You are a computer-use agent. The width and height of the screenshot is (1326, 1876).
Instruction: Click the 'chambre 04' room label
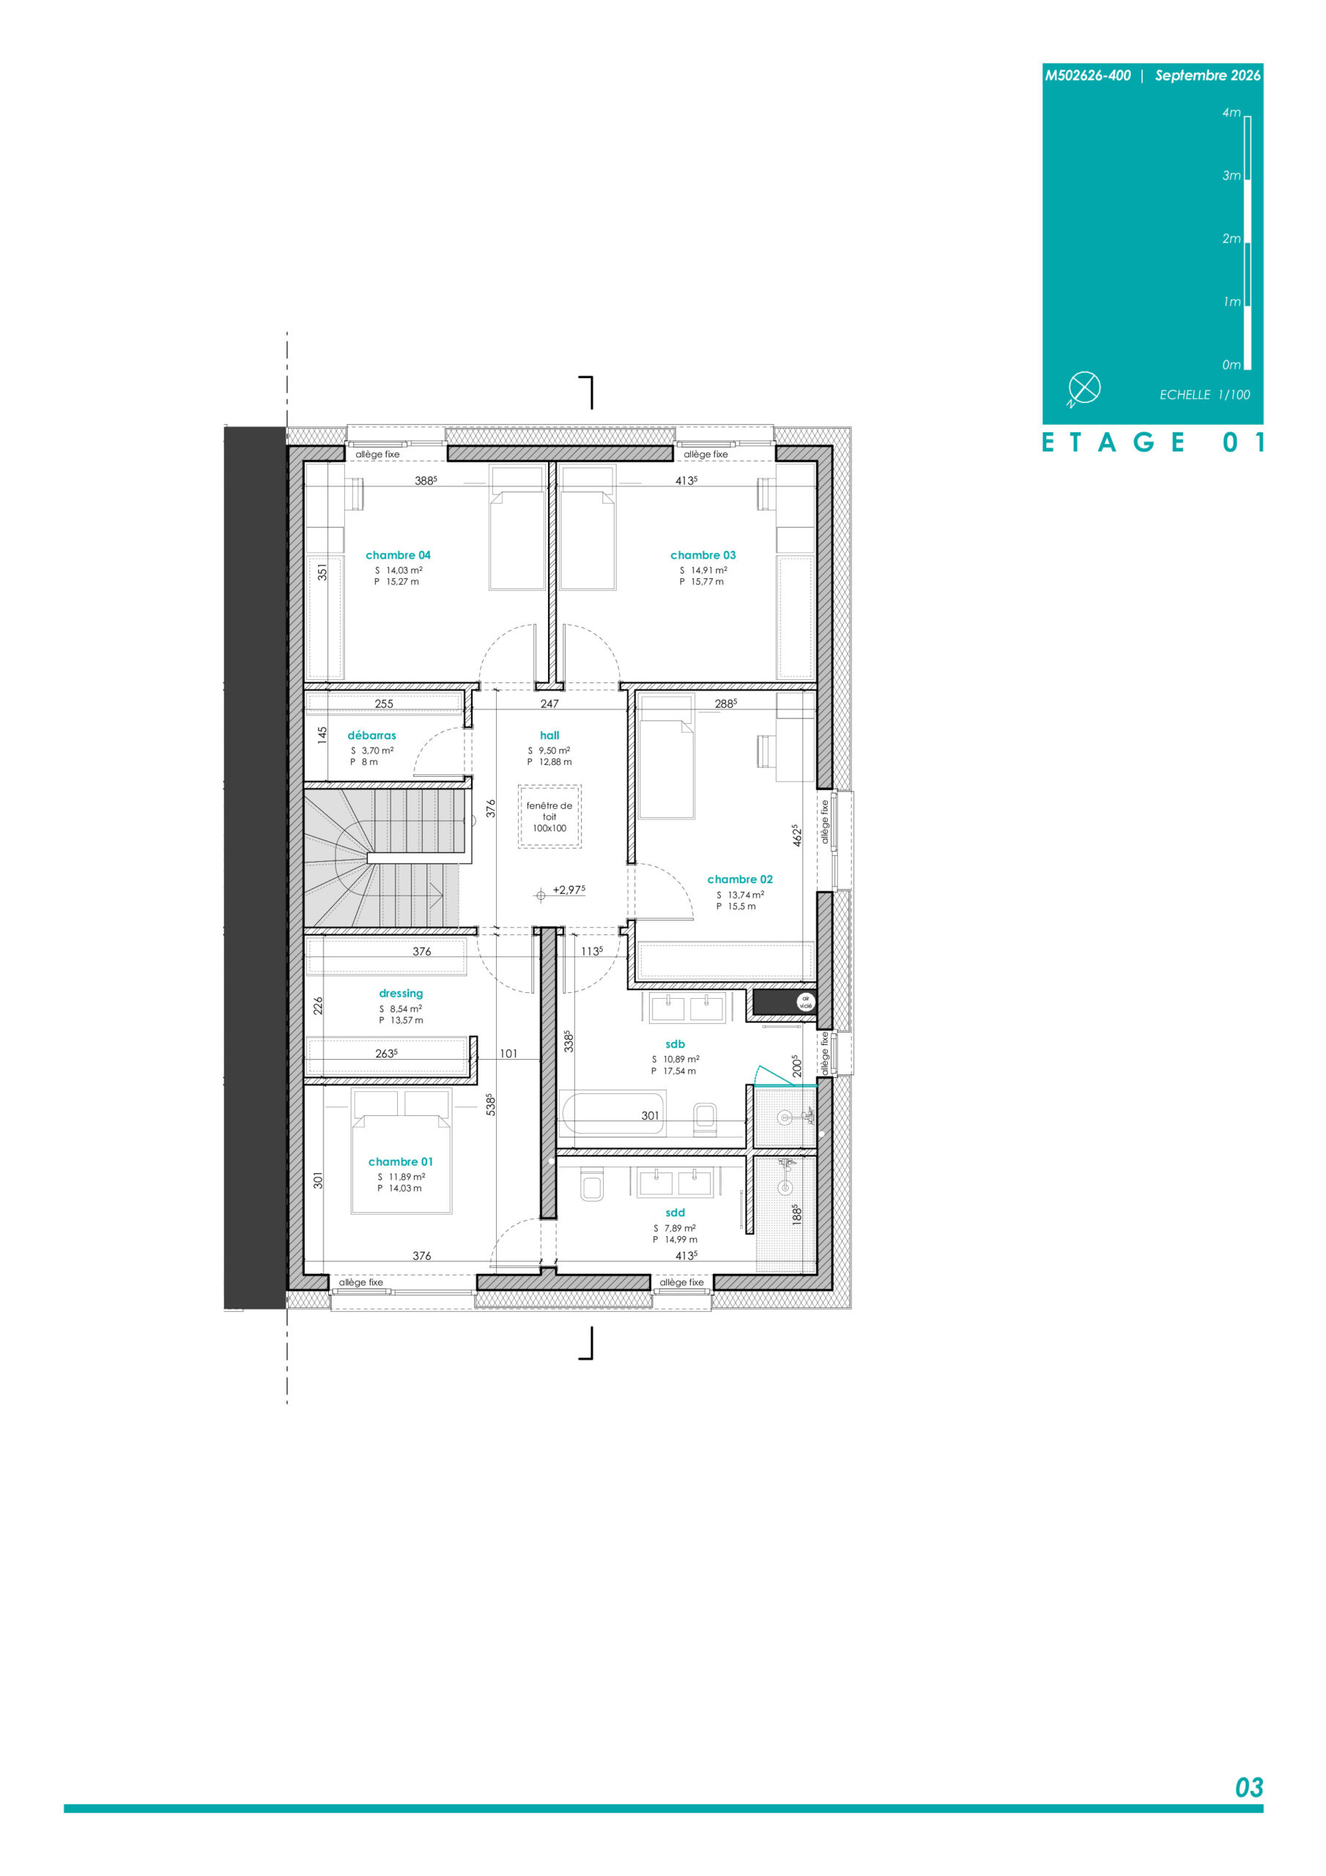(x=398, y=555)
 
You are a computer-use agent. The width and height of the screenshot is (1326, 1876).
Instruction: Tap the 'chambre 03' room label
(x=703, y=555)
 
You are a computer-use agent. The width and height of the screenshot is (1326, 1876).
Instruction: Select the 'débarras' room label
(x=371, y=735)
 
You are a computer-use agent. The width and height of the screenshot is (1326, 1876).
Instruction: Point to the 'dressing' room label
(x=401, y=994)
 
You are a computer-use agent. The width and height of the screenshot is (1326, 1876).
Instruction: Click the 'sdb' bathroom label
(x=675, y=1044)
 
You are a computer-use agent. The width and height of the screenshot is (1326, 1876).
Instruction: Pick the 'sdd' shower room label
(x=675, y=1213)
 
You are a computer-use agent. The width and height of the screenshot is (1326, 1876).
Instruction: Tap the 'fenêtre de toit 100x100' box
(x=550, y=817)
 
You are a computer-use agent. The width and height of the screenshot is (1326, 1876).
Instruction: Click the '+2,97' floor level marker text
(x=568, y=890)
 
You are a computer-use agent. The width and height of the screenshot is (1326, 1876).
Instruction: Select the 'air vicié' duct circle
(x=806, y=1002)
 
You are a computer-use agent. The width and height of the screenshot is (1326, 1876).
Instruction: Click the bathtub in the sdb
(x=612, y=1115)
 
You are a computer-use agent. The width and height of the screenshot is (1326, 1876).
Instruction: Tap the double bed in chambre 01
(x=401, y=1151)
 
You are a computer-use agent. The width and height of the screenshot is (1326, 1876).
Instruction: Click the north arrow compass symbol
(x=1084, y=388)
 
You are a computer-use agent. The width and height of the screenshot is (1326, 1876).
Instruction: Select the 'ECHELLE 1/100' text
(x=1204, y=395)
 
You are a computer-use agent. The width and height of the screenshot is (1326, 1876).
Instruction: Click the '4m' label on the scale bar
(x=1231, y=113)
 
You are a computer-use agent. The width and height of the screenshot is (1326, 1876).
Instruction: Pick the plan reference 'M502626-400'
(x=1087, y=76)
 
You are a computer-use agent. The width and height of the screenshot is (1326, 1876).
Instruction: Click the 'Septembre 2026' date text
(x=1207, y=76)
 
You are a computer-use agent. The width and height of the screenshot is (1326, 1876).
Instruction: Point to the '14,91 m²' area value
(x=709, y=570)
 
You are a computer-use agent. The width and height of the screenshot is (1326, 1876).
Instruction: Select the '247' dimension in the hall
(x=550, y=703)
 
